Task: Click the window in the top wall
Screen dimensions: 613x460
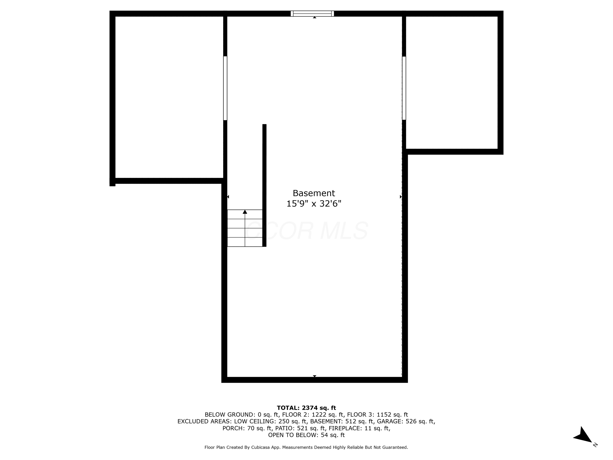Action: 312,13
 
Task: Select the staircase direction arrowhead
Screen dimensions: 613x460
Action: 245,212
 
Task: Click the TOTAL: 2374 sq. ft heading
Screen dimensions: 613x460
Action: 306,408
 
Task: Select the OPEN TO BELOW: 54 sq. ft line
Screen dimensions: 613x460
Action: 306,435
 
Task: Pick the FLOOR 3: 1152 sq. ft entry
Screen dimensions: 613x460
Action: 377,415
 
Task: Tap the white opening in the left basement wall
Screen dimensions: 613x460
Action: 225,88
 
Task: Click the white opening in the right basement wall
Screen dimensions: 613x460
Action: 404,88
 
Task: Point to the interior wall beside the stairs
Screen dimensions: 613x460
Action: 264,185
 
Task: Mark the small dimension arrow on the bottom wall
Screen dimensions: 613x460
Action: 314,376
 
